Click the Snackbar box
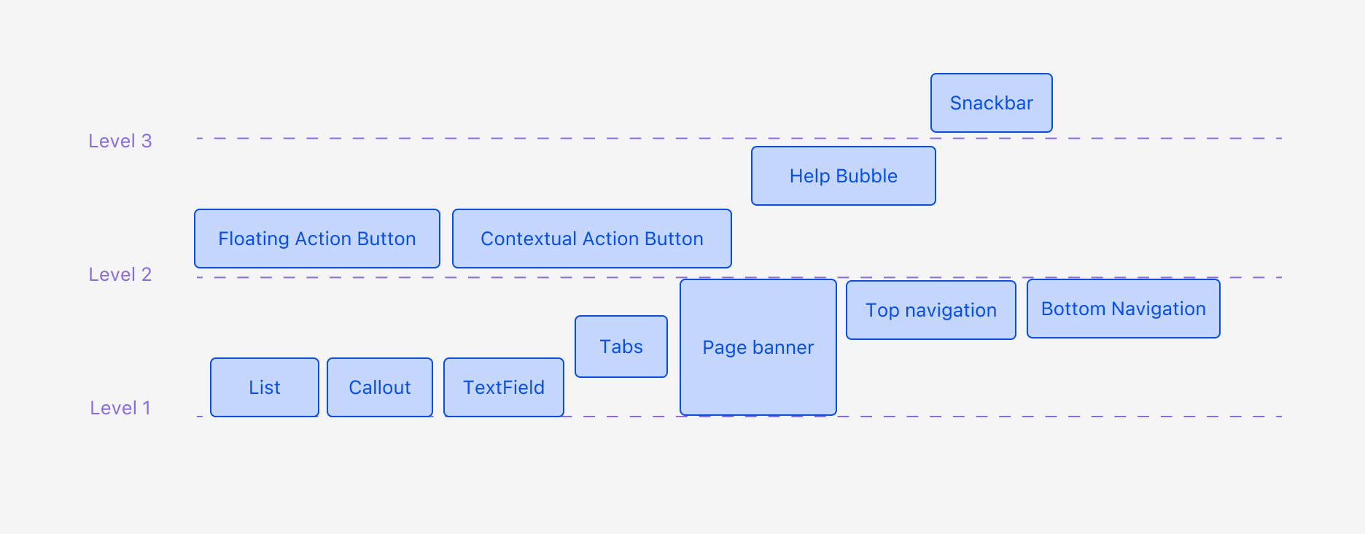point(992,103)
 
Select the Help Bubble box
point(844,176)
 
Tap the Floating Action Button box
point(317,239)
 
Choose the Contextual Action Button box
point(592,239)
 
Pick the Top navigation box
point(931,310)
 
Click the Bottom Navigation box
point(1124,309)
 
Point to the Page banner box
point(758,347)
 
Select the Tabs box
point(621,347)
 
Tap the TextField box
point(504,387)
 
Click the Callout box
point(380,387)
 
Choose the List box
point(265,387)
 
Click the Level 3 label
point(120,141)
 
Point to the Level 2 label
point(120,274)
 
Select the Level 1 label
point(120,408)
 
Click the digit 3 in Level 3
point(147,141)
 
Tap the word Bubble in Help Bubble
point(867,176)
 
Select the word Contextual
point(529,239)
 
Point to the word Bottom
point(1073,309)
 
